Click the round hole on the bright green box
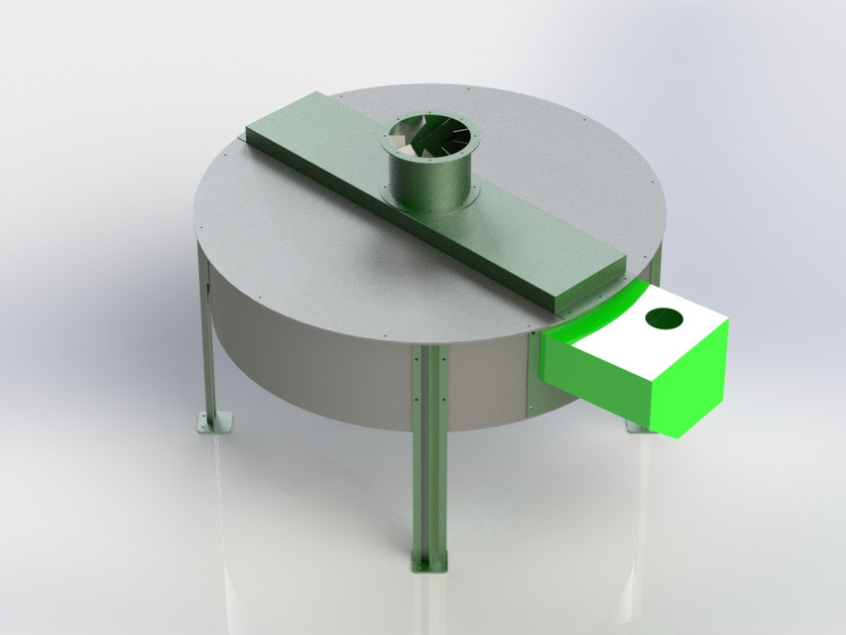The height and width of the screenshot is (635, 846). tap(664, 318)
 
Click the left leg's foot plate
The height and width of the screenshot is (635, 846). tap(213, 422)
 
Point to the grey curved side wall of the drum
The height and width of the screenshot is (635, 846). tap(317, 357)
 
